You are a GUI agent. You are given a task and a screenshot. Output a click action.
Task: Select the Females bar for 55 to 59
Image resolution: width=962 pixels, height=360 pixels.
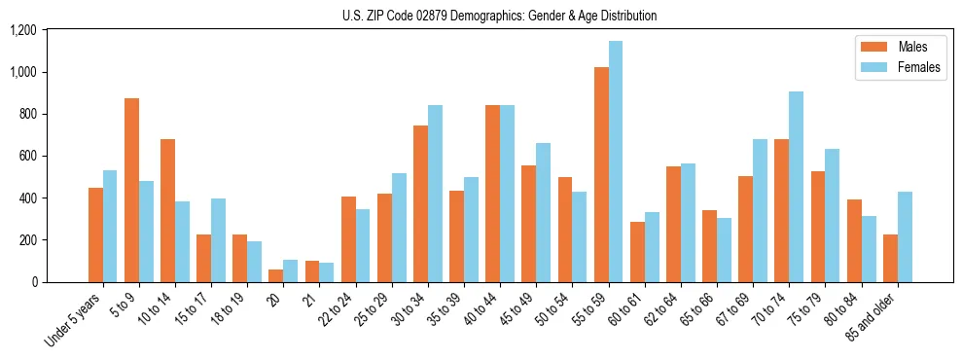coord(616,162)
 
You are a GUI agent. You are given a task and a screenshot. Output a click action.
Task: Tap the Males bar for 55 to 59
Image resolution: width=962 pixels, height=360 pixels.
coord(601,174)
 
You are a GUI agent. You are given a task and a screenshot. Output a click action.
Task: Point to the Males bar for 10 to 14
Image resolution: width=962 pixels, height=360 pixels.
coord(167,210)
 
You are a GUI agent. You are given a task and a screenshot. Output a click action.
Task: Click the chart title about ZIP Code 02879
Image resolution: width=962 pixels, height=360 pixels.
coord(499,16)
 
